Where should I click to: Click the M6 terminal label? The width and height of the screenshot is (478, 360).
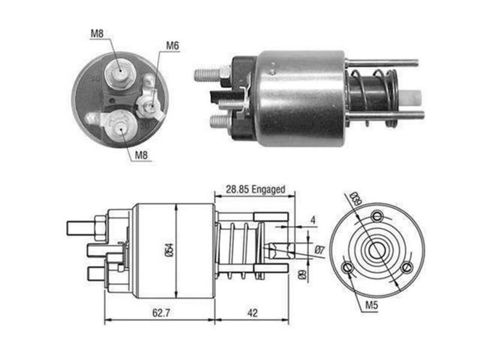coord(172,46)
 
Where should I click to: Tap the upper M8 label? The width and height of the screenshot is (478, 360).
coord(97,34)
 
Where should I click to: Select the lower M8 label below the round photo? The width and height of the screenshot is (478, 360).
coord(141,155)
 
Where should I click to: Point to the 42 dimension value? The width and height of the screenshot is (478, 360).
coord(252,313)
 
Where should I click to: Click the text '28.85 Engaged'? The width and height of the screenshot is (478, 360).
coord(255,190)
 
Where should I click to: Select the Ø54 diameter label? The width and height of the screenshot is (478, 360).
coord(169,250)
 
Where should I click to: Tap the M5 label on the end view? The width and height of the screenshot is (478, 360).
coord(372,304)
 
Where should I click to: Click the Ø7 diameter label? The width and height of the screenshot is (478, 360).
coord(319,250)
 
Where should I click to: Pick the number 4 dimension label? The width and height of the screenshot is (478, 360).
coord(313,220)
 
